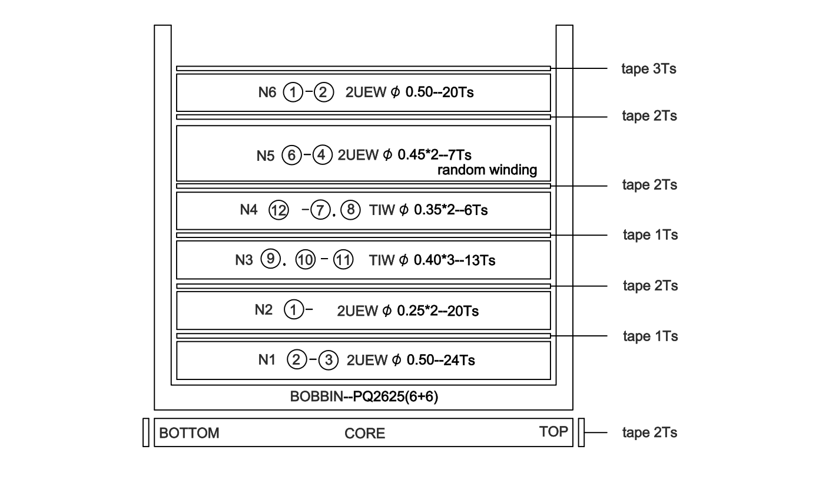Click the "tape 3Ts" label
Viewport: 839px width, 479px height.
point(649,69)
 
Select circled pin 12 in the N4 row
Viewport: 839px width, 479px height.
point(278,210)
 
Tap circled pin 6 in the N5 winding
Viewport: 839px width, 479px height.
point(292,155)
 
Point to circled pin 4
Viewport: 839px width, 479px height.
point(322,154)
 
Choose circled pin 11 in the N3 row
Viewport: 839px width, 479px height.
point(343,260)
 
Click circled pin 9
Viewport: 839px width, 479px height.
point(270,259)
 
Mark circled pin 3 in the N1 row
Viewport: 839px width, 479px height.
point(329,360)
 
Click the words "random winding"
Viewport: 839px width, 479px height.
point(487,170)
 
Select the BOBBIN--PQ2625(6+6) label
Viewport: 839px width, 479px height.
point(364,397)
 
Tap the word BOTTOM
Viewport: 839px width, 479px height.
point(189,433)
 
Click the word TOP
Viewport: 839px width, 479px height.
point(553,431)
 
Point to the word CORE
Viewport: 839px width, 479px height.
point(365,433)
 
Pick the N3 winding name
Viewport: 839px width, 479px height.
point(244,260)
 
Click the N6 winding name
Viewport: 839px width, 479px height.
point(267,92)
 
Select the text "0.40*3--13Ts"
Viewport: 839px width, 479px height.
point(455,260)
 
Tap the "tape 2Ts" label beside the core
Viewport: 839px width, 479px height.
point(649,433)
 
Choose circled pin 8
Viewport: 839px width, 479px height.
point(350,210)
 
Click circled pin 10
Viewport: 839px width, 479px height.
point(305,260)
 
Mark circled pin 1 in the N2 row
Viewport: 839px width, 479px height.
point(294,309)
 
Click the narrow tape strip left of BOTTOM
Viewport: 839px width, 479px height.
point(145,432)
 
